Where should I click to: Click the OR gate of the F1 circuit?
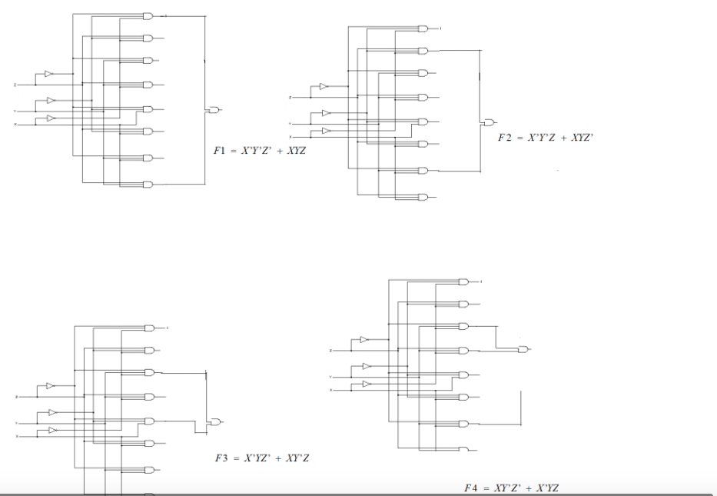(x=213, y=110)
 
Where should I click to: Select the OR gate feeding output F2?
(x=488, y=123)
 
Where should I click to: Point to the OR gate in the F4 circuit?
(x=523, y=350)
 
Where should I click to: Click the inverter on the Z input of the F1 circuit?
(x=48, y=74)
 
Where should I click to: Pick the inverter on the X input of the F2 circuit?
(x=326, y=130)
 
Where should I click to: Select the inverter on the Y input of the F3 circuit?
(x=53, y=413)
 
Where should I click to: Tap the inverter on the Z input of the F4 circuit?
(x=364, y=339)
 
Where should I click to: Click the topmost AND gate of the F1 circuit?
(x=148, y=15)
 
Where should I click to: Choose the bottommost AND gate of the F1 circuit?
(x=148, y=184)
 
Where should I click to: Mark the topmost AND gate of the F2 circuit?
(x=423, y=29)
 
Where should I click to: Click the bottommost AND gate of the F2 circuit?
(x=423, y=197)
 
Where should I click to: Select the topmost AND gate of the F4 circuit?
(x=463, y=281)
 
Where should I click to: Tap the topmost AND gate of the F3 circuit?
(x=149, y=328)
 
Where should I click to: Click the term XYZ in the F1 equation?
(x=295, y=150)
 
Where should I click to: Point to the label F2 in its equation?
(x=504, y=136)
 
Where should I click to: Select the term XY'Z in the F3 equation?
(x=298, y=458)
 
